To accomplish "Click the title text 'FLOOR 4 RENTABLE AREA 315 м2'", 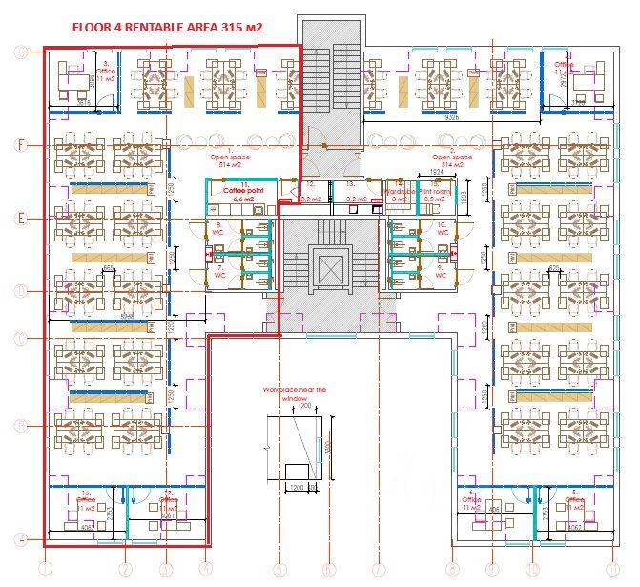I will pyautogui.click(x=167, y=30).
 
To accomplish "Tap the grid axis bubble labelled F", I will pyautogui.click(x=20, y=145).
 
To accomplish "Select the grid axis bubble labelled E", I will pyautogui.click(x=20, y=218).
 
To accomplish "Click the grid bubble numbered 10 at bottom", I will pyautogui.click(x=532, y=570).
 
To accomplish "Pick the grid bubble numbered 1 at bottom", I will pyautogui.click(x=43, y=570).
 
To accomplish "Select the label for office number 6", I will pyautogui.click(x=470, y=500).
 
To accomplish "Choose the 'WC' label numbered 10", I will pyautogui.click(x=443, y=229).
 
